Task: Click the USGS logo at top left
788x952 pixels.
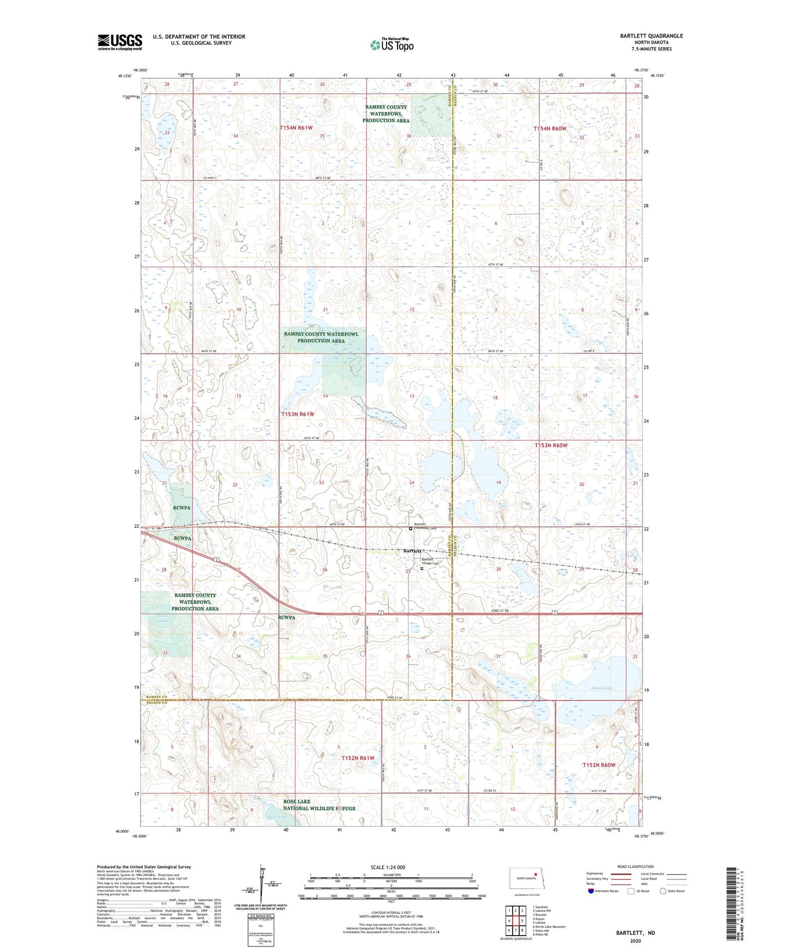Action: click(120, 41)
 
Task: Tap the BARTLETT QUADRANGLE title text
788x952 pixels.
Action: click(651, 36)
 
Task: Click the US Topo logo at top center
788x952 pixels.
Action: click(391, 45)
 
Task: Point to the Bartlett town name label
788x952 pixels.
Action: click(413, 551)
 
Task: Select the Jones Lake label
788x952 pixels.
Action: click(601, 688)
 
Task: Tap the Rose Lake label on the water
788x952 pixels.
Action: click(278, 817)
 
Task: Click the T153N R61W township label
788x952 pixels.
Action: click(298, 414)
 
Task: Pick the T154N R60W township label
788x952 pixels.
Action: click(550, 129)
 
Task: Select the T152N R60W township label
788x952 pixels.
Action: click(598, 765)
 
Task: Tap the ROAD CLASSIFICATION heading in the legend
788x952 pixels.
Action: click(635, 866)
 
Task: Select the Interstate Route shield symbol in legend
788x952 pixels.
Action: click(592, 891)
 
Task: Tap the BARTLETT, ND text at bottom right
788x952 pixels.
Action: click(635, 933)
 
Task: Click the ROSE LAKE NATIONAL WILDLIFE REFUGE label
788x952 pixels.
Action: click(320, 805)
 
